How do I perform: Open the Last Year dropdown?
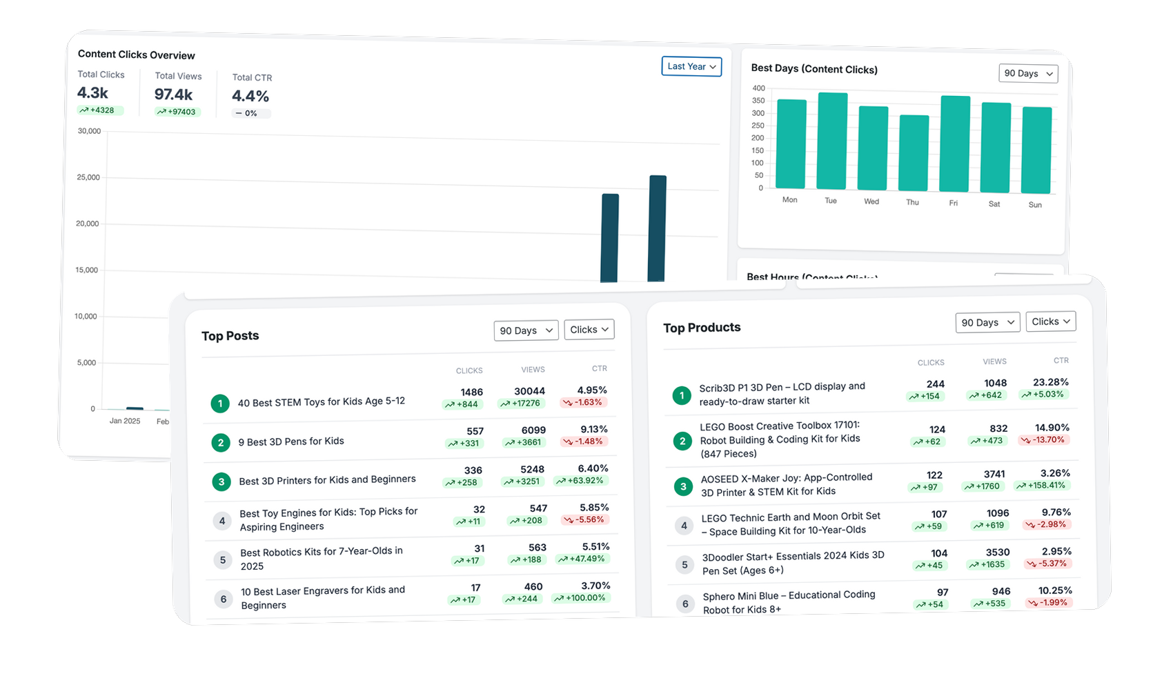click(x=691, y=66)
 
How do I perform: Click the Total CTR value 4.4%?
click(x=250, y=96)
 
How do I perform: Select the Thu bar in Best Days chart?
click(x=914, y=153)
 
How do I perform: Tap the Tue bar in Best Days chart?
click(x=832, y=141)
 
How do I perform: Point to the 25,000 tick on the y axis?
click(x=88, y=177)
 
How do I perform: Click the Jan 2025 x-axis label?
click(x=125, y=421)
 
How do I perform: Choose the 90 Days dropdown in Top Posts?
click(x=526, y=330)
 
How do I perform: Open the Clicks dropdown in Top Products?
click(x=1050, y=321)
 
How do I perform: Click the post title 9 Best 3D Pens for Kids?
click(x=291, y=441)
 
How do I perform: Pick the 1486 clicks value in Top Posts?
click(x=472, y=392)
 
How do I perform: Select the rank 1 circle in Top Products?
click(x=682, y=395)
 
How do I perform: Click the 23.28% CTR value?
click(x=1051, y=382)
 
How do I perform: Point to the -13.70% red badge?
click(x=1043, y=439)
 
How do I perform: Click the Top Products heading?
click(x=702, y=328)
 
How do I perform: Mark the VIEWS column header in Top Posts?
click(x=533, y=370)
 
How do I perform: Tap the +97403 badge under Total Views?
click(x=177, y=112)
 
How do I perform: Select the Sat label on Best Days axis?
click(x=994, y=204)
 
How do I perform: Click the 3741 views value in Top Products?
click(x=994, y=474)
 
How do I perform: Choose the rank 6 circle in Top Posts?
click(x=223, y=599)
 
